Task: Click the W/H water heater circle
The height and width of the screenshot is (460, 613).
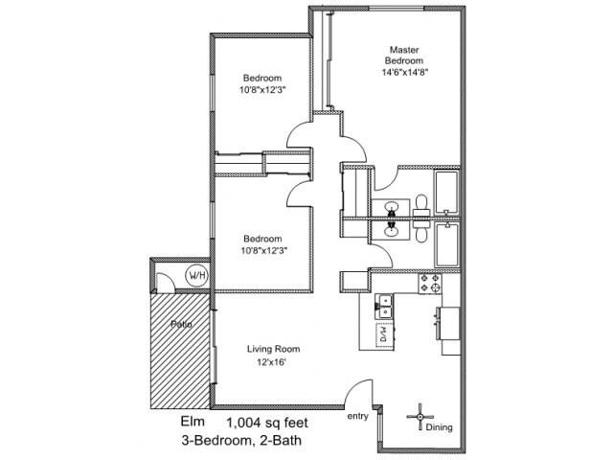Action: point(197,275)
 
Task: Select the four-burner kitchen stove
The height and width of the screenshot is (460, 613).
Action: point(430,284)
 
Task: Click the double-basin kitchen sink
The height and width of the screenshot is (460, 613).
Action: point(384,306)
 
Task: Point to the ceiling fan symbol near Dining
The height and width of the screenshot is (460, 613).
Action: point(420,417)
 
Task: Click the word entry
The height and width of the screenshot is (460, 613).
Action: point(357,417)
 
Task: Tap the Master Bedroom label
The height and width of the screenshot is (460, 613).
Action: point(404,56)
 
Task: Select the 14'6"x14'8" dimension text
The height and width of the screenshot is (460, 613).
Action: point(402,73)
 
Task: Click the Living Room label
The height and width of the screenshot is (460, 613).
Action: point(273,349)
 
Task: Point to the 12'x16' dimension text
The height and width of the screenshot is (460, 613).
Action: point(272,362)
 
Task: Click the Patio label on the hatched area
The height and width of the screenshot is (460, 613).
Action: point(181,324)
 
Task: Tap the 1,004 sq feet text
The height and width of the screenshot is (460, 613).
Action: point(267,423)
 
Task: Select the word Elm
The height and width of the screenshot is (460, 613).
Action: point(193,422)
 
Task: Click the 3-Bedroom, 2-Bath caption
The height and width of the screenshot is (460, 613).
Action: point(241,441)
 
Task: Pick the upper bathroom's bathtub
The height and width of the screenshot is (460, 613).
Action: point(446,193)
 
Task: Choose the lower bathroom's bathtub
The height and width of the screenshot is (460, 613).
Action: point(446,244)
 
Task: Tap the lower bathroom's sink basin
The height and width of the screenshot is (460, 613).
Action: point(391,230)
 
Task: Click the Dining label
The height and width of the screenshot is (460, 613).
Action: point(439,427)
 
